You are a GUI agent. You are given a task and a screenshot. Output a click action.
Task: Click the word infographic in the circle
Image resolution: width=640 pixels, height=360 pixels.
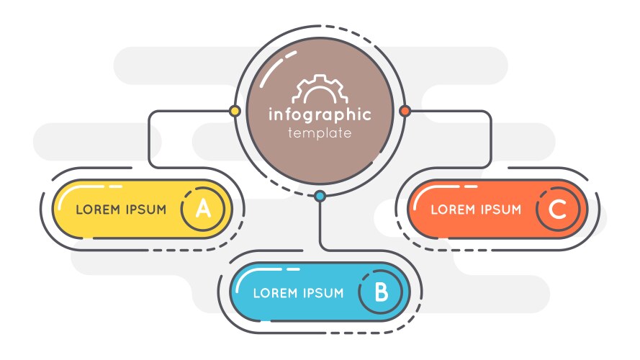coord(320,114)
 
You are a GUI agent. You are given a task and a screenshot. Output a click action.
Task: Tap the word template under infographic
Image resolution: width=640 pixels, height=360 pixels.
coord(320,133)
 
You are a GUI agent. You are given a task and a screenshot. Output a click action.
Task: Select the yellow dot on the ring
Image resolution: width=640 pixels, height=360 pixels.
coord(234,112)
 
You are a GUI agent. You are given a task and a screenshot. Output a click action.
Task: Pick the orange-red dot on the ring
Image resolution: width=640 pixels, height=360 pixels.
coord(405,111)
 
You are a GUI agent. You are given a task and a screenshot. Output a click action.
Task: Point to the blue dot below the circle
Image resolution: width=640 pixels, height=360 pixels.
coord(320,195)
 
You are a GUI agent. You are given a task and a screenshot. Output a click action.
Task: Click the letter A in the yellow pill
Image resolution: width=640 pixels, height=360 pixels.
coord(204,210)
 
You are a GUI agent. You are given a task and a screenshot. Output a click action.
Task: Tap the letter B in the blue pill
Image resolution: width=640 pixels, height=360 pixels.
coord(382,292)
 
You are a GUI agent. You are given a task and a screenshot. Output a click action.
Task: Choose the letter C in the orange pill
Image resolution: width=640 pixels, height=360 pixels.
coord(557,210)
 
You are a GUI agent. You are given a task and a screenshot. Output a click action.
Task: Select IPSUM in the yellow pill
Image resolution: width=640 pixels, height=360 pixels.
coord(145,210)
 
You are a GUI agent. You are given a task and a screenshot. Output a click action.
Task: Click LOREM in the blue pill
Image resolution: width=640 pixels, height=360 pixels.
coord(274,293)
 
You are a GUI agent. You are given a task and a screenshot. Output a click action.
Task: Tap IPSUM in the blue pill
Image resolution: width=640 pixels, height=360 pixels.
coord(322,293)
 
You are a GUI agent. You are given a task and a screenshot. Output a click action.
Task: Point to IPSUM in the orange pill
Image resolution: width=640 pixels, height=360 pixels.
coord(500,210)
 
